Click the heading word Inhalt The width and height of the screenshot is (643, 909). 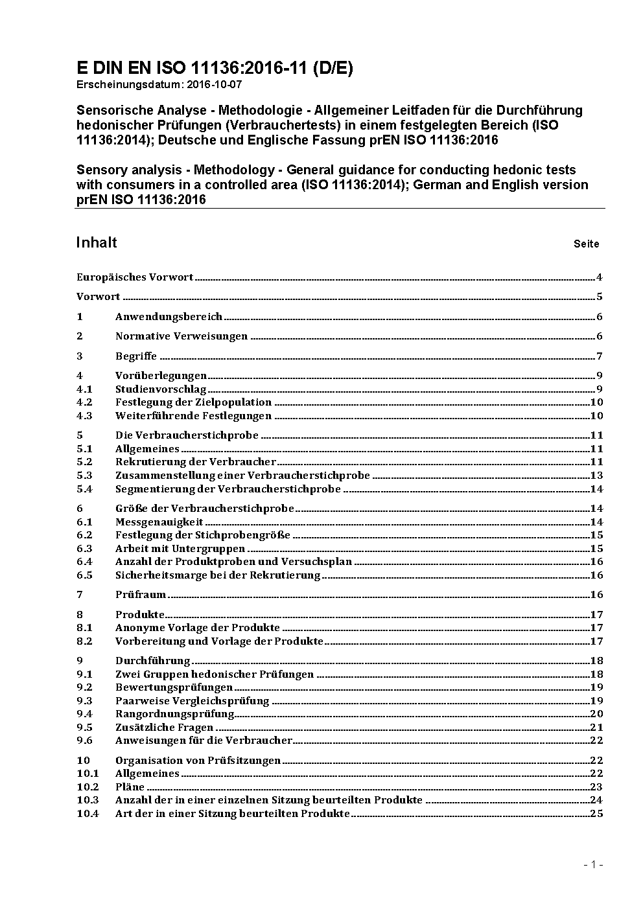(x=97, y=242)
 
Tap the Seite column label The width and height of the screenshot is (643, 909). (x=586, y=244)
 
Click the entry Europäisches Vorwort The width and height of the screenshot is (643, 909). (x=135, y=277)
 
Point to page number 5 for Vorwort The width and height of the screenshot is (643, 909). (x=600, y=297)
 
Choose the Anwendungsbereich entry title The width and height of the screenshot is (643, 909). (x=169, y=317)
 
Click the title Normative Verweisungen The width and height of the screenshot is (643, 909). (x=181, y=336)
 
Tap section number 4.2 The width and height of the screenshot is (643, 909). (x=84, y=402)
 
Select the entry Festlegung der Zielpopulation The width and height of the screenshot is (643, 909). (x=193, y=402)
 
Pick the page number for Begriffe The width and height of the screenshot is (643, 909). (x=600, y=356)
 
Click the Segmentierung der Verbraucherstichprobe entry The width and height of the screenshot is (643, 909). (x=228, y=489)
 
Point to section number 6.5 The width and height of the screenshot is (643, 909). (x=84, y=575)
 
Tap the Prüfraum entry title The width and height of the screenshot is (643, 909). (x=141, y=595)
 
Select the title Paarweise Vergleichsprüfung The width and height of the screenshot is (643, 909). (x=192, y=701)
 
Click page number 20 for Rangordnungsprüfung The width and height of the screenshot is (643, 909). (x=596, y=714)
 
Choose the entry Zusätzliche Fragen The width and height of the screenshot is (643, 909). (x=164, y=728)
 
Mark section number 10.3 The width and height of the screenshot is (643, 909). (x=88, y=800)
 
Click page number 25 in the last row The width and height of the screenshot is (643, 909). (x=596, y=814)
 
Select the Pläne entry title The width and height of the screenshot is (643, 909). (x=130, y=787)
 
